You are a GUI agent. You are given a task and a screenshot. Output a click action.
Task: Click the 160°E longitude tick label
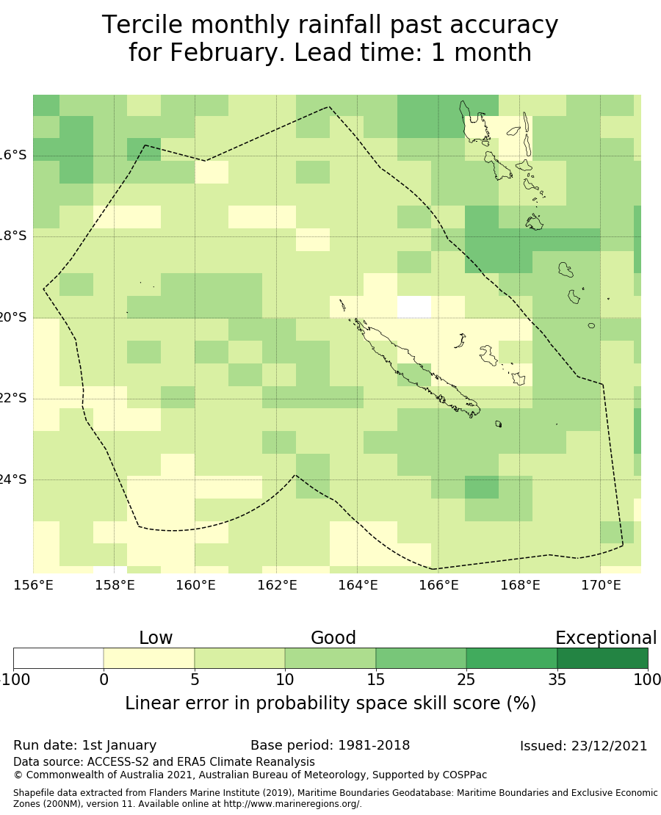click(x=195, y=585)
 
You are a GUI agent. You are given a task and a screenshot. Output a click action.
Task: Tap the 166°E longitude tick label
click(x=438, y=585)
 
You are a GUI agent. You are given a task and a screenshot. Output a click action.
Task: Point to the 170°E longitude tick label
click(x=601, y=585)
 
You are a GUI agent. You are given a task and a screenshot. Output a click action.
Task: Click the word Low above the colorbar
click(x=156, y=638)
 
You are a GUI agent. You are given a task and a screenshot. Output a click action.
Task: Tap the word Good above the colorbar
click(x=333, y=638)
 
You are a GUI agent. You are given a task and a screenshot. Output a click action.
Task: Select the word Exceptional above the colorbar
click(x=605, y=638)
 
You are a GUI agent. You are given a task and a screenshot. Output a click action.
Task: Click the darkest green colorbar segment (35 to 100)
click(x=602, y=658)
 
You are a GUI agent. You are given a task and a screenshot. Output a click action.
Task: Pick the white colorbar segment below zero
click(x=59, y=658)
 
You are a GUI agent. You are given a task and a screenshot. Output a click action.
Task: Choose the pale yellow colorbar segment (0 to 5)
click(x=149, y=658)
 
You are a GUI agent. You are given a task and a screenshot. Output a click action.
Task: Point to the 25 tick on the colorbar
click(x=466, y=680)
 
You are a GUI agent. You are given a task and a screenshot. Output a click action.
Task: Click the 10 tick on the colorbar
click(x=285, y=680)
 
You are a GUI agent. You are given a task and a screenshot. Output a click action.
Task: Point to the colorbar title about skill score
click(x=330, y=703)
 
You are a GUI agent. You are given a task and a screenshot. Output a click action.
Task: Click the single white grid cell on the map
click(x=414, y=307)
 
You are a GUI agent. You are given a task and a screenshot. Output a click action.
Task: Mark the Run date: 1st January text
click(x=85, y=745)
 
